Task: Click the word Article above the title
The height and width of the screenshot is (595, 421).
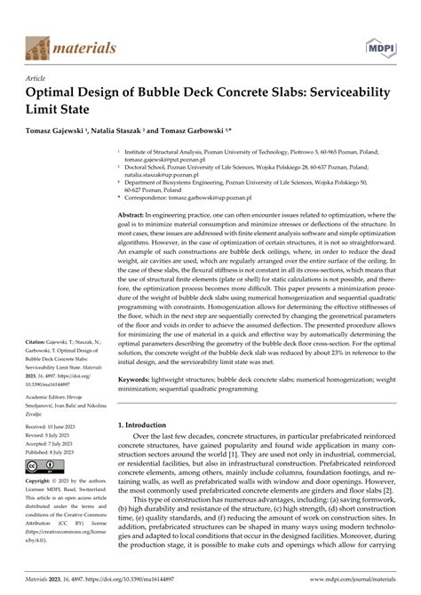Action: tap(40, 77)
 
